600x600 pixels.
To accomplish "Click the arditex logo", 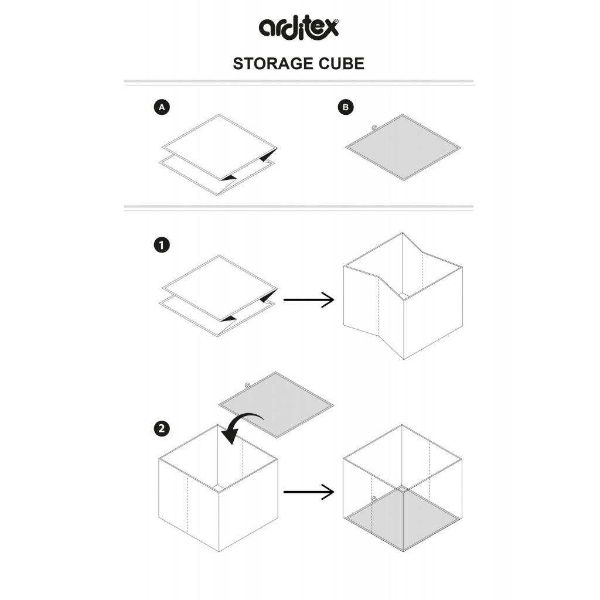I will [x=299, y=27].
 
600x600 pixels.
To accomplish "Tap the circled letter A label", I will [x=162, y=107].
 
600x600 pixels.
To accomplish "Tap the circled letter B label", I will [x=346, y=107].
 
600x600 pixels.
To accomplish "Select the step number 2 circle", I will [x=162, y=428].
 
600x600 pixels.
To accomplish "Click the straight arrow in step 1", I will [x=308, y=300].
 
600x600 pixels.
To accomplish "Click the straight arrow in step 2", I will [x=308, y=491].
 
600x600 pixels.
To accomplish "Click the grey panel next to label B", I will [x=403, y=146].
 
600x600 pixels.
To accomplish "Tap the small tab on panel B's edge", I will [x=374, y=126].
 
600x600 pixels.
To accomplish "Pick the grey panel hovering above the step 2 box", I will [x=276, y=404].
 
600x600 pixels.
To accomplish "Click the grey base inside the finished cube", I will [x=402, y=519].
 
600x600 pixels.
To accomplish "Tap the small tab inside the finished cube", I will [x=373, y=499].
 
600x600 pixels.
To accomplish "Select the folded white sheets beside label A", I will [x=218, y=154].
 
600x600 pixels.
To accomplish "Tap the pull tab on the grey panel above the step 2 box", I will [x=247, y=384].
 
